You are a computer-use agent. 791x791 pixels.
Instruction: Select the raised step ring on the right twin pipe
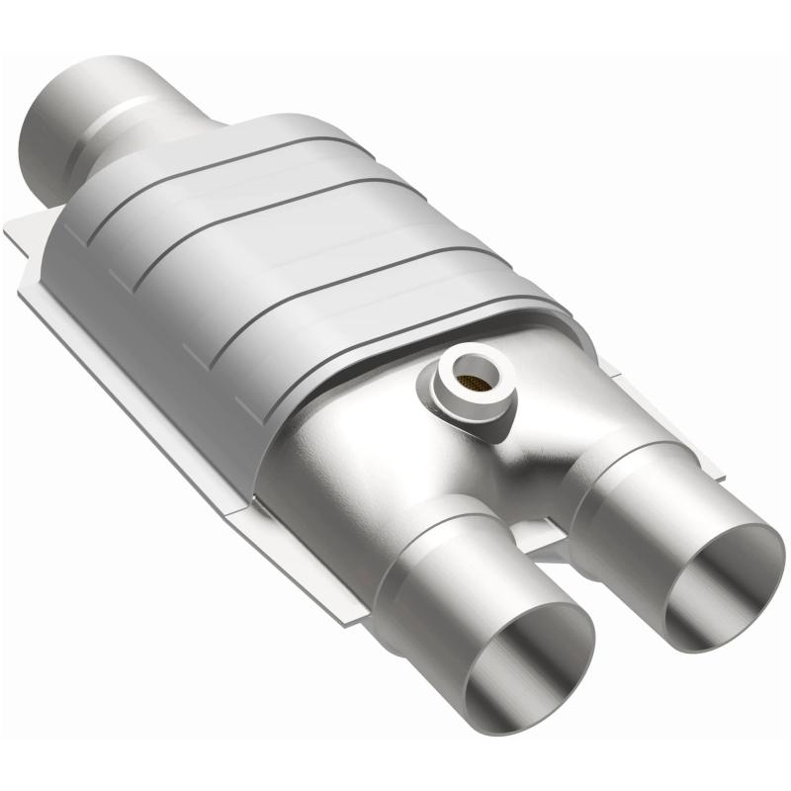[613, 475]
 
